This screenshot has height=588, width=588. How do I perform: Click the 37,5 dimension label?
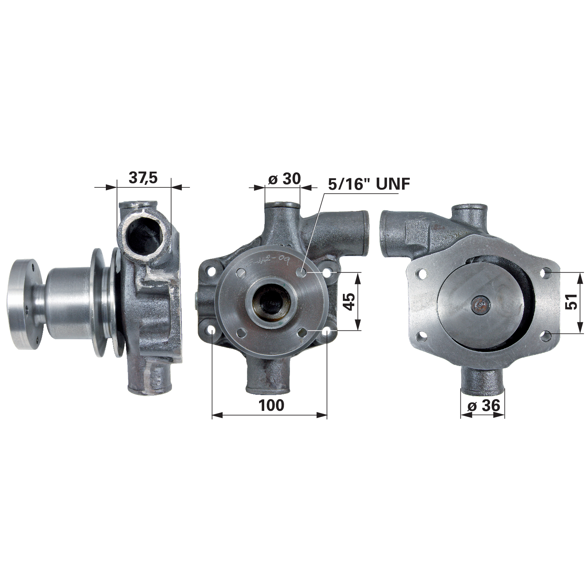[x=143, y=178]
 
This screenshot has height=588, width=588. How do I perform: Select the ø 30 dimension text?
[x=284, y=179]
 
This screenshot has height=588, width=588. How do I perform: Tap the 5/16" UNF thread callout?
[x=369, y=184]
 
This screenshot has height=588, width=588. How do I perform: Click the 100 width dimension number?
[x=271, y=405]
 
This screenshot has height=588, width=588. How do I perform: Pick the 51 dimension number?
[x=572, y=302]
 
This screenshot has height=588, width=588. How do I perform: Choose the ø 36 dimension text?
[x=484, y=405]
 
